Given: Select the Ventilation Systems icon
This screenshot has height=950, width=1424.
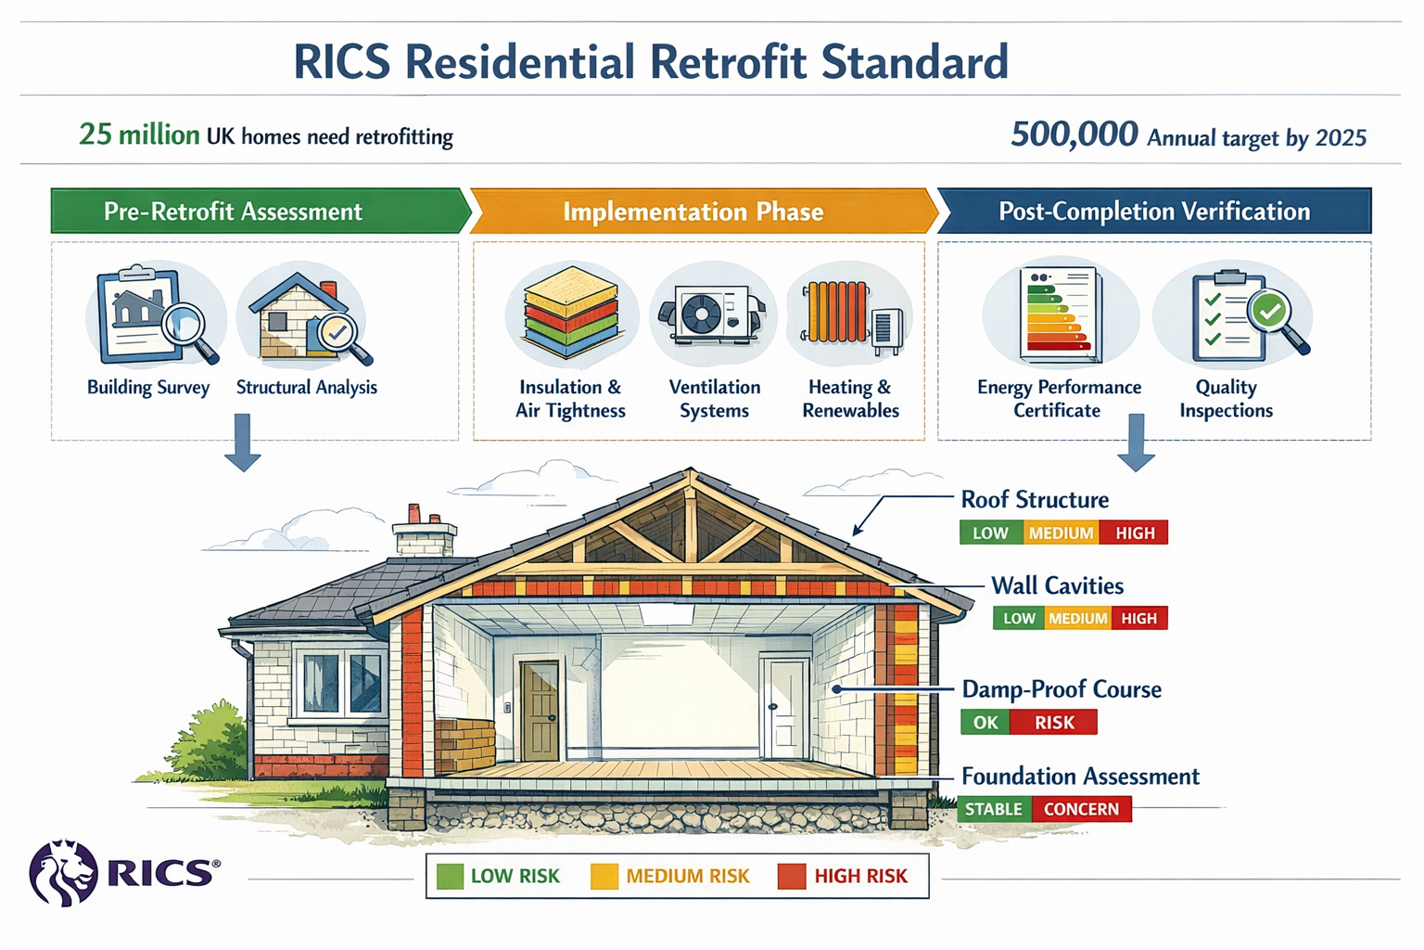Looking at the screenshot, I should tap(713, 314).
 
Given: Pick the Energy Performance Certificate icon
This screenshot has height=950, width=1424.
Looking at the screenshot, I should tap(1061, 314).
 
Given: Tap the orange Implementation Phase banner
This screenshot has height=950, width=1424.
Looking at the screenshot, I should tap(693, 212).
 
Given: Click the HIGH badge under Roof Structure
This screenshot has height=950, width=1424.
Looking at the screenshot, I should tap(1134, 533).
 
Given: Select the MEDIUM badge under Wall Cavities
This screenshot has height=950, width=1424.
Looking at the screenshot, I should tap(1077, 618).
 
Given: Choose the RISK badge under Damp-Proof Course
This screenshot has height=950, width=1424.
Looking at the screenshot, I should tap(1054, 722).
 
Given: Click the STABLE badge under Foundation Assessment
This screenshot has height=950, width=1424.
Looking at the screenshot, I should tap(994, 809).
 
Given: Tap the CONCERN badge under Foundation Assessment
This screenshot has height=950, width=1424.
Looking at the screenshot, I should tap(1081, 809).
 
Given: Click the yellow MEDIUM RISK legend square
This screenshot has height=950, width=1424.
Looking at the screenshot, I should tap(604, 876).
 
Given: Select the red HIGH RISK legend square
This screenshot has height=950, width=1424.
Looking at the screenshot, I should tap(792, 876).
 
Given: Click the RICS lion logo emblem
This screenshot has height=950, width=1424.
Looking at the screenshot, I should tap(63, 872).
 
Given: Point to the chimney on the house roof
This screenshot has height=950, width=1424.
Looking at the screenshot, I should tap(425, 533).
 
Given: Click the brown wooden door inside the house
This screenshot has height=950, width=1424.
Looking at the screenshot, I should tap(540, 711).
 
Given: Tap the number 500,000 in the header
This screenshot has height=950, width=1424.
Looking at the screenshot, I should tap(1074, 135).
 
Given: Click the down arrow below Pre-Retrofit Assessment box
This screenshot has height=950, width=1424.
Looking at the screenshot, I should tap(243, 443).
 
